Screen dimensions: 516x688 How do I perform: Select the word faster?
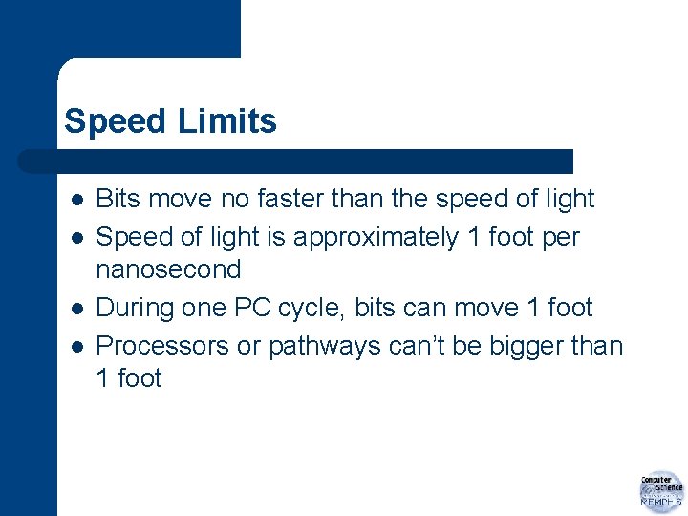[x=285, y=199]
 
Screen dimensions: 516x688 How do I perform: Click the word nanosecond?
[x=168, y=269]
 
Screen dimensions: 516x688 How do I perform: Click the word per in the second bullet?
[x=560, y=237]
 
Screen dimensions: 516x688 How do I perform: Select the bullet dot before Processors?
[x=75, y=347]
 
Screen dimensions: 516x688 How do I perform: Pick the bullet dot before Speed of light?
[x=75, y=238]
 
